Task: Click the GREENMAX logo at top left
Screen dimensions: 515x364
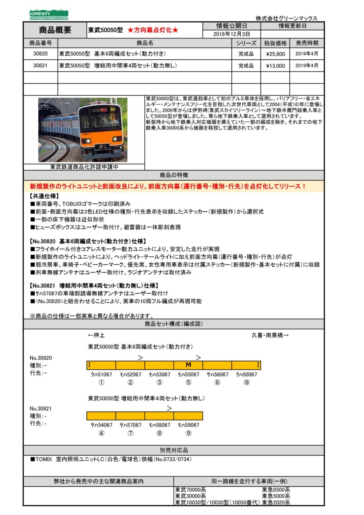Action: point(49,14)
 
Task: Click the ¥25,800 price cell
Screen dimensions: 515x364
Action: point(275,54)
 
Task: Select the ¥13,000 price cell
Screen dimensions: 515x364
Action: point(275,66)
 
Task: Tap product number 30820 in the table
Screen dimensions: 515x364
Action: point(40,54)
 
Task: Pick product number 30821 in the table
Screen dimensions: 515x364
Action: point(40,66)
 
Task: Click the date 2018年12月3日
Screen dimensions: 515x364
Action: point(232,34)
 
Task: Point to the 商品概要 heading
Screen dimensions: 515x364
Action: point(55,30)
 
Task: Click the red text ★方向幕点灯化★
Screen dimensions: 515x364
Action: point(153,30)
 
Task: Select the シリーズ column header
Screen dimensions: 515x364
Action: point(246,43)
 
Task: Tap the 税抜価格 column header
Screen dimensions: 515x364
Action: point(275,43)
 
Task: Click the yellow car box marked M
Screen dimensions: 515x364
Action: point(188,365)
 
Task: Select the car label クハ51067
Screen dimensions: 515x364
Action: point(101,374)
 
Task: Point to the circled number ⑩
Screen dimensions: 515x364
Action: point(246,382)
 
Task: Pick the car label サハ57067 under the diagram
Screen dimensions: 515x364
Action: point(130,425)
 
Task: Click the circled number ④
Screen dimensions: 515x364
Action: point(101,433)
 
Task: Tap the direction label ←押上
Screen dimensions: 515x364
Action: point(96,335)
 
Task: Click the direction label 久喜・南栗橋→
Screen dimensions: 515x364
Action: point(270,335)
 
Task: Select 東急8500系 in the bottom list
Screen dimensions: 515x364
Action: point(276,490)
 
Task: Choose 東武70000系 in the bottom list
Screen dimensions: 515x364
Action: point(190,490)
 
